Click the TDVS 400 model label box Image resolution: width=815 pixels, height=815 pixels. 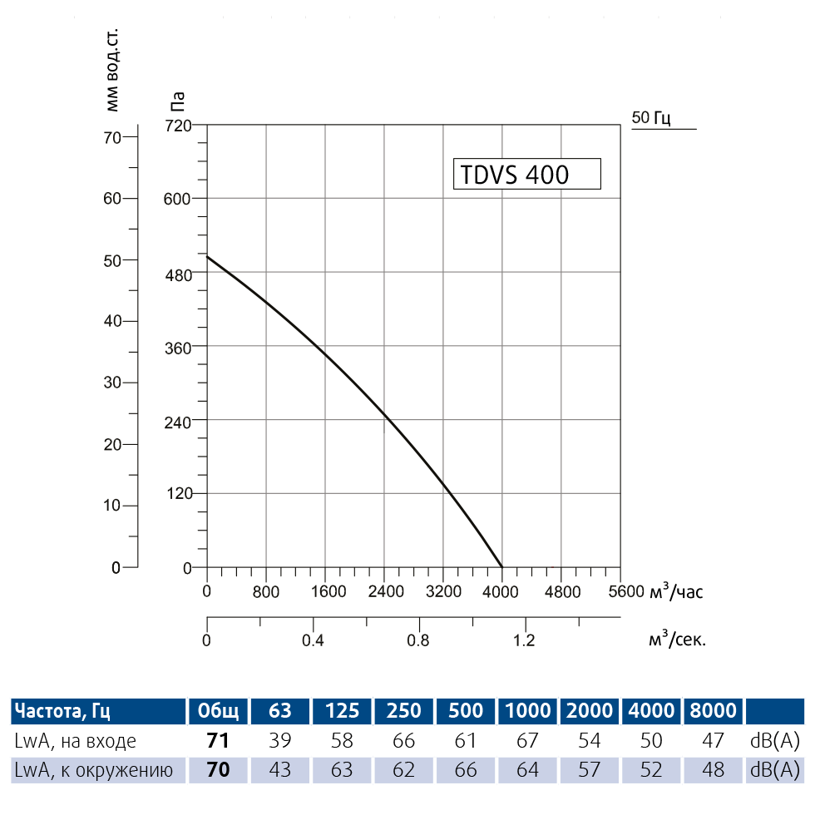(526, 175)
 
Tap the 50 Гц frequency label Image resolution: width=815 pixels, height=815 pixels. (651, 118)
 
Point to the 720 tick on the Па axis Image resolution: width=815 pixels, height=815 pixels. (179, 126)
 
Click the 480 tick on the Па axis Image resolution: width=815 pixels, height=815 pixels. (179, 273)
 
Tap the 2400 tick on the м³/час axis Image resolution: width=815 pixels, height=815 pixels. (385, 592)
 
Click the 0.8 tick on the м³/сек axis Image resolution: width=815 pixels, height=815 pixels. (418, 640)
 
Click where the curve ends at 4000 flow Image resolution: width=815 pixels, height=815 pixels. (502, 567)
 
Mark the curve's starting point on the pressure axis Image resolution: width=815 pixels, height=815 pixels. (207, 257)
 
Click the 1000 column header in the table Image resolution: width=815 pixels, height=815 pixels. (527, 710)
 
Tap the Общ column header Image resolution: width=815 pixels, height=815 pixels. (218, 710)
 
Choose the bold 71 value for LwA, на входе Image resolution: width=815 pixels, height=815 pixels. (218, 740)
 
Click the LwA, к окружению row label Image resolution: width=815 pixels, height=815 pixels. (93, 770)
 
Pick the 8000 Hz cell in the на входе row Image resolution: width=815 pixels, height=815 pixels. (713, 740)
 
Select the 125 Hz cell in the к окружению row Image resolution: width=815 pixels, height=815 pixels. (342, 770)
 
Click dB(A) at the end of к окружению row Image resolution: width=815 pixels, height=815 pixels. (776, 770)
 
